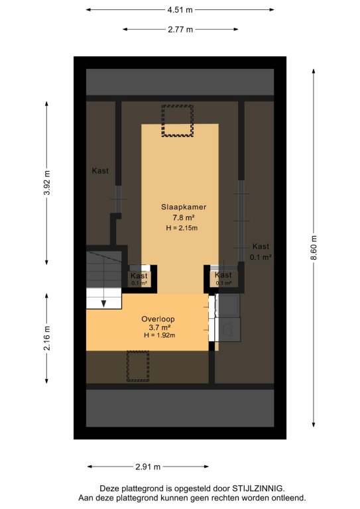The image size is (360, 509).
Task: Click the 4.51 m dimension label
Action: [180, 10]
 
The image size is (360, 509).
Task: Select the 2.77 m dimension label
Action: [180, 30]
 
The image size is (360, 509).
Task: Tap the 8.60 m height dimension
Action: [314, 248]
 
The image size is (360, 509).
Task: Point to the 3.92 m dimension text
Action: [47, 183]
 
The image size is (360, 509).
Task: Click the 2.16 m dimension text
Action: [47, 338]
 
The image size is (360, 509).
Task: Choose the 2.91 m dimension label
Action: [148, 467]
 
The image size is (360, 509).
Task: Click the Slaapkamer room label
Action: [184, 207]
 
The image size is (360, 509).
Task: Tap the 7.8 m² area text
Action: [184, 217]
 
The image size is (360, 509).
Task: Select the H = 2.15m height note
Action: [182, 228]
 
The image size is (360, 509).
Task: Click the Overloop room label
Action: [158, 319]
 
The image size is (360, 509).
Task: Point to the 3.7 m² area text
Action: [160, 327]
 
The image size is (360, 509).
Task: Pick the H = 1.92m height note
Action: [159, 335]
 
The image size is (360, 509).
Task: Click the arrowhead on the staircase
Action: [103, 304]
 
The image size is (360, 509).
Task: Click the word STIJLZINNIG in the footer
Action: [258, 488]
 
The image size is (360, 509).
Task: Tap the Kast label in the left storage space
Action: [100, 171]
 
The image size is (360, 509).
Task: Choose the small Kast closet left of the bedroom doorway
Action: [140, 279]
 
